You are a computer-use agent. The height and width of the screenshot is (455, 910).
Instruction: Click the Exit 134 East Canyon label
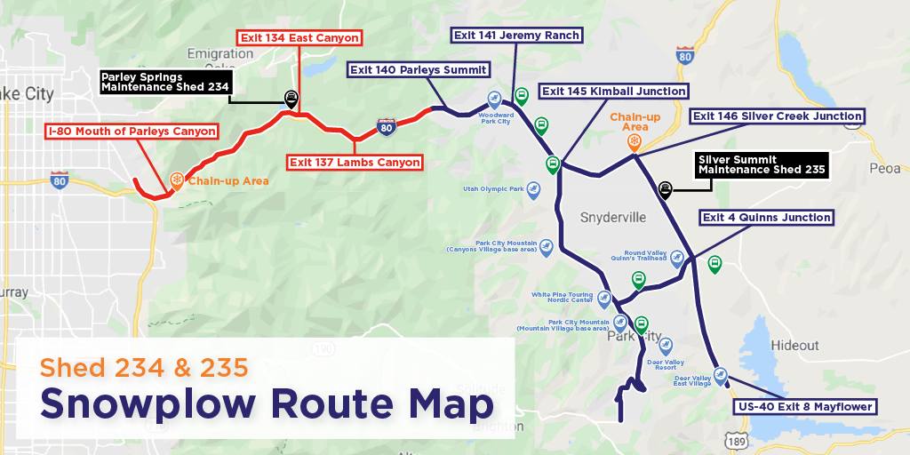tap(299, 38)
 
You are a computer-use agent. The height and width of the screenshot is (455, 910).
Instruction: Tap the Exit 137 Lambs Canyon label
tap(354, 162)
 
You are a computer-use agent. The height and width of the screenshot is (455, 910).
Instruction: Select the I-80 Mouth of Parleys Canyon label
tap(132, 132)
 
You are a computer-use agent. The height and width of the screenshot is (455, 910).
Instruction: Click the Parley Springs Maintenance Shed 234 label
tap(166, 82)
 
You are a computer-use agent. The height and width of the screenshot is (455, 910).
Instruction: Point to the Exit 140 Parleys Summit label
tap(418, 69)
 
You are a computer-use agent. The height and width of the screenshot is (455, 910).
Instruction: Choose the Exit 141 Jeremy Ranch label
tap(516, 36)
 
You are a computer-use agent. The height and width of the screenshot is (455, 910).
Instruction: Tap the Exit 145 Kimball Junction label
tap(613, 92)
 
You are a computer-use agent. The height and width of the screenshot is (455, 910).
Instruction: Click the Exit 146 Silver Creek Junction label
tap(777, 116)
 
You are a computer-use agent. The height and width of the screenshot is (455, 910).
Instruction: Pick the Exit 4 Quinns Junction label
tap(766, 218)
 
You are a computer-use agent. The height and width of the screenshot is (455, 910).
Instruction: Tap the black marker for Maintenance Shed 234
tap(291, 98)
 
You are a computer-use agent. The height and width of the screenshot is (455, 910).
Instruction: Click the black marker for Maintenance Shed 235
tap(665, 188)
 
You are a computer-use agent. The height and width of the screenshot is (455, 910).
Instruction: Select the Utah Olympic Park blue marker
tap(533, 188)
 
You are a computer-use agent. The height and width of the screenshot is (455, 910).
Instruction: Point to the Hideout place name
tap(794, 345)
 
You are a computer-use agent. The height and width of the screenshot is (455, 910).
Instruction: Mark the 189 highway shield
tap(737, 442)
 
